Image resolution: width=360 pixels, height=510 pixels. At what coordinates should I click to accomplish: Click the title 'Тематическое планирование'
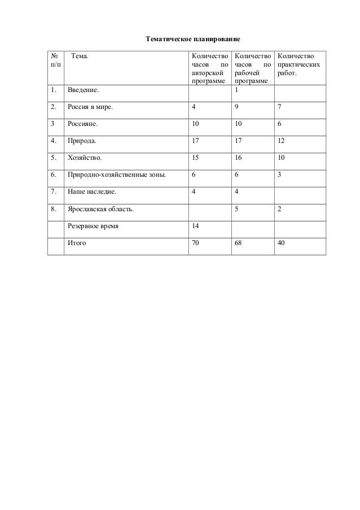(193, 40)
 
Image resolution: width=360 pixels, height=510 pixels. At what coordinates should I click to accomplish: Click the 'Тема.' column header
(80, 56)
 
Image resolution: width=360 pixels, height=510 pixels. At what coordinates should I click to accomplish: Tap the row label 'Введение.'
(82, 90)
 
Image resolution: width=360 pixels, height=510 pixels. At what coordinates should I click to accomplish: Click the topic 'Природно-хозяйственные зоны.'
(116, 175)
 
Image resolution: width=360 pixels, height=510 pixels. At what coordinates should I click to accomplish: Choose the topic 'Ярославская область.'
(101, 209)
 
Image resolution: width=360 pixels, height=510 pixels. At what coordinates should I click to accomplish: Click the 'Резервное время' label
(93, 226)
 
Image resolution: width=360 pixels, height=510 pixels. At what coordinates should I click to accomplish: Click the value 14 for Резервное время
(195, 226)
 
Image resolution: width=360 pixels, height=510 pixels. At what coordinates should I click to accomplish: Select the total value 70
(195, 243)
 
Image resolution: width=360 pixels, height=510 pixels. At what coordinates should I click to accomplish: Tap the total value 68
(238, 243)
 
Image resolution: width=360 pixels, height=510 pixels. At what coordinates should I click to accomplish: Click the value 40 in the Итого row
(282, 243)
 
